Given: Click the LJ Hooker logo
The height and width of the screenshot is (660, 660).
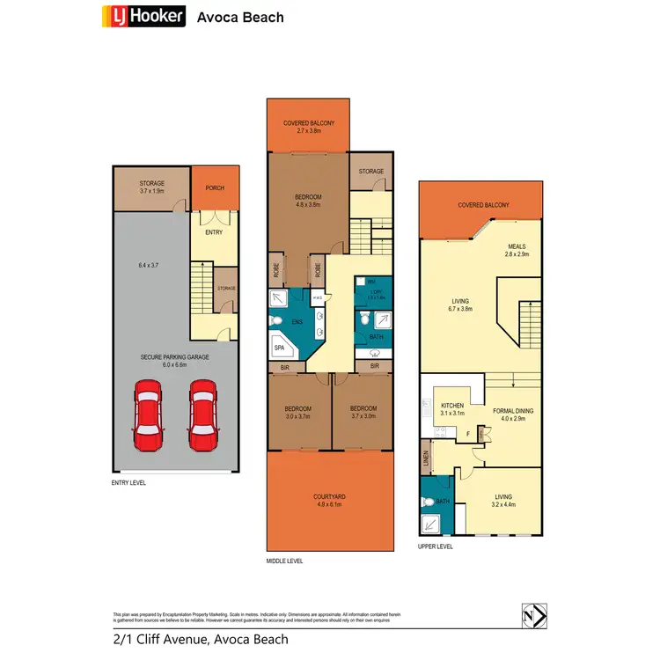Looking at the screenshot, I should click(x=143, y=16).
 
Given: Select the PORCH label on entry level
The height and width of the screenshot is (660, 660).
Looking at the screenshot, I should click(x=214, y=187).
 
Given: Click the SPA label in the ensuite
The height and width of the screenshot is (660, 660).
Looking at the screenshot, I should click(x=280, y=348).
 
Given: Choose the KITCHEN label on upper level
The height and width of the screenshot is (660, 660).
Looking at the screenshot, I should click(x=451, y=406).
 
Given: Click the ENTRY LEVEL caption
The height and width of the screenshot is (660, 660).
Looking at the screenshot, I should click(x=129, y=482).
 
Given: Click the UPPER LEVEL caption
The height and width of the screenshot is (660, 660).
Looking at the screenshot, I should click(x=436, y=546).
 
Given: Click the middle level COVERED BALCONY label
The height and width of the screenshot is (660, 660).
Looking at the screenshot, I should click(x=308, y=122).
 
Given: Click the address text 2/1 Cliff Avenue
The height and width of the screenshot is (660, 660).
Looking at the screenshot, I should click(x=200, y=640).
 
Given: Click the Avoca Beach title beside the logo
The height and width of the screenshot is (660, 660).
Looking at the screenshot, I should click(x=240, y=16).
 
